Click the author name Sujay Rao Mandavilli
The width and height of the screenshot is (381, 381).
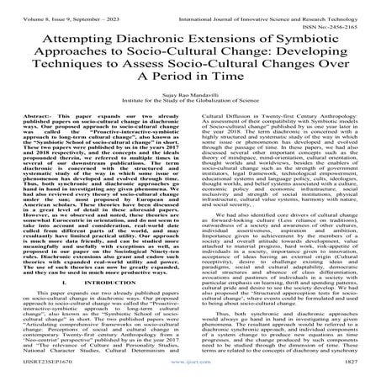point(190,118)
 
